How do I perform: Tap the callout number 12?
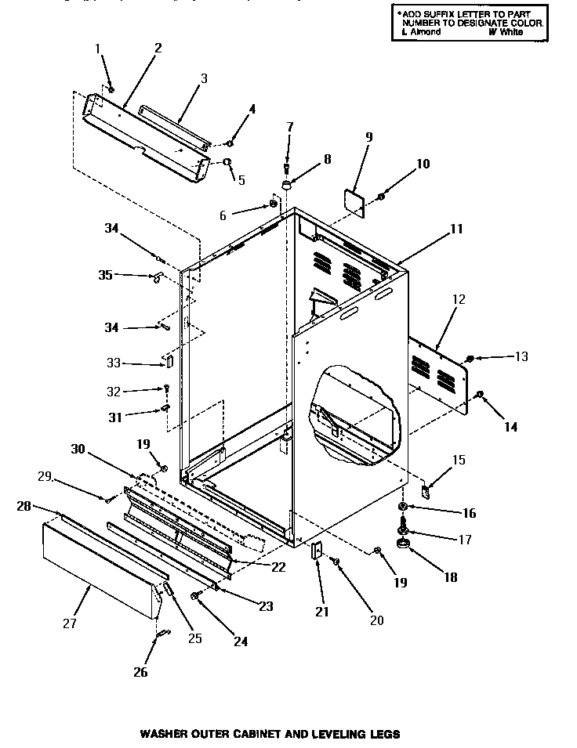coord(458,298)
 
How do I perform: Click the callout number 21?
coord(321,610)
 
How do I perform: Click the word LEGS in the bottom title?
coord(386,735)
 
